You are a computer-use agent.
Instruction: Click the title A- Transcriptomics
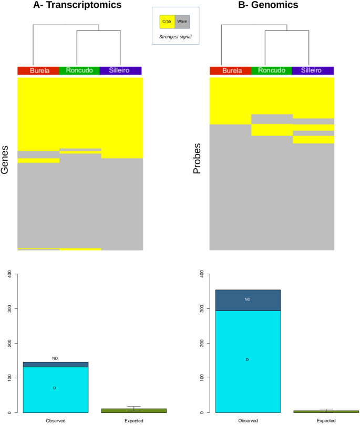(77, 5)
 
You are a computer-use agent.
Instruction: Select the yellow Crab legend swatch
(167, 22)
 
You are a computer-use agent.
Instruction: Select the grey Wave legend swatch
(182, 22)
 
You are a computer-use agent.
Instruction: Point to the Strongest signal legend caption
(174, 37)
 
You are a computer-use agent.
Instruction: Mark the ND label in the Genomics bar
(247, 299)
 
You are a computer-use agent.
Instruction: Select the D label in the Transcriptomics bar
(55, 388)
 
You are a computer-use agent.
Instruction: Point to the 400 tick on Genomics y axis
(200, 274)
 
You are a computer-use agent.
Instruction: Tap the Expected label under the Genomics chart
(326, 421)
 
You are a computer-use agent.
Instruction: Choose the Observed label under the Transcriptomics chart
(55, 421)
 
